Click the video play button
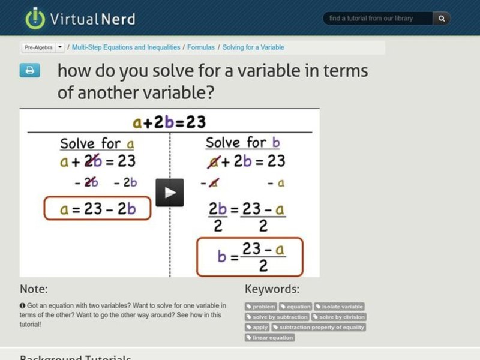coord(170,193)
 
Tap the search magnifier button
coord(442,19)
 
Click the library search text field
coord(378,19)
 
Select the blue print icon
coord(29,70)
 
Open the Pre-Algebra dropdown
coord(43,47)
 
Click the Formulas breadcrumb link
coord(200,47)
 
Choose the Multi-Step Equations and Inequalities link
coord(127,47)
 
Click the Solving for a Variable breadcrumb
coord(253,47)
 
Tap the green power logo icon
coord(35,19)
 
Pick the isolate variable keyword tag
coord(339,307)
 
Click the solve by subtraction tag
coord(277,317)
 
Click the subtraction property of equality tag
coord(318,327)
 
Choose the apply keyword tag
coord(257,327)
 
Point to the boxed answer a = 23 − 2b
coord(97,208)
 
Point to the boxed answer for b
coord(250,256)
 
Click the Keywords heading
coord(272,289)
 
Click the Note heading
coord(34,289)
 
